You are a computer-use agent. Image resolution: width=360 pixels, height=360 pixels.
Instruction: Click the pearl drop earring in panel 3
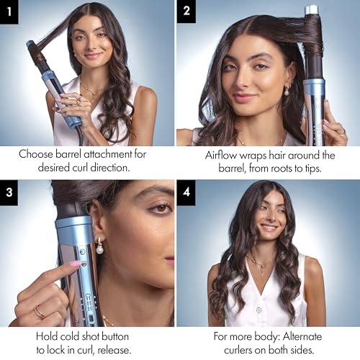[98, 248]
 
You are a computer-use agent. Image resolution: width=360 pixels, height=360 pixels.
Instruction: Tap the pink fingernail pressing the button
[75, 264]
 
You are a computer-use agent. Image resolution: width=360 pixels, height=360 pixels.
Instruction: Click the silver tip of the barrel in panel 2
[312, 11]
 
